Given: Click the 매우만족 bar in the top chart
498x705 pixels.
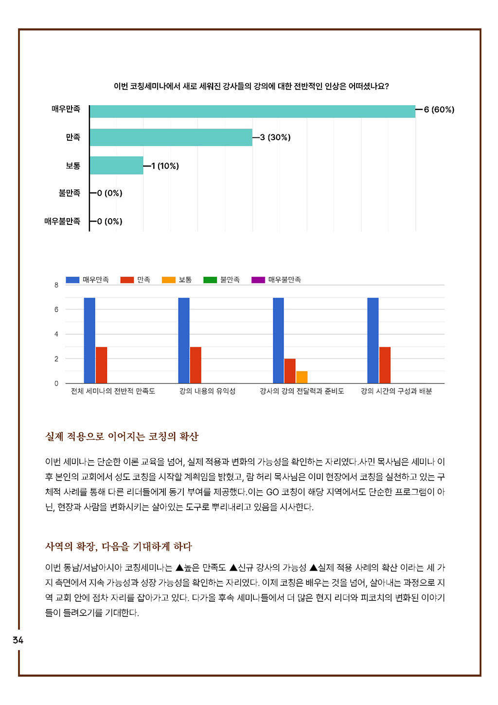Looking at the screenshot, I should [x=252, y=111].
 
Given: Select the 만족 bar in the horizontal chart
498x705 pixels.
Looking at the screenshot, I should [x=171, y=137].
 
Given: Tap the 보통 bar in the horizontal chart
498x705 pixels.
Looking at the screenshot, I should [x=116, y=166].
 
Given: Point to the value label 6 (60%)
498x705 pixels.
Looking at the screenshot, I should [x=439, y=110].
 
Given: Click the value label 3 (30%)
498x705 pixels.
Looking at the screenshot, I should [x=275, y=138].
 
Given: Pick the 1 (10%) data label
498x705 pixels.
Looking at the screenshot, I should [x=165, y=166].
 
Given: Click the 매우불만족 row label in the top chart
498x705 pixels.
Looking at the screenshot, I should [x=62, y=221].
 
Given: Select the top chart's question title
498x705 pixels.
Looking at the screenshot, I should [x=251, y=86].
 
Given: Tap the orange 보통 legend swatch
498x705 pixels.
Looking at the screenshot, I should [x=169, y=280].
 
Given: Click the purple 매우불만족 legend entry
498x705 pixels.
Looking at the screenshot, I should [x=276, y=280].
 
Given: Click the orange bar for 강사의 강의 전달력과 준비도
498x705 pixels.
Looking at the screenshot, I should [x=302, y=377].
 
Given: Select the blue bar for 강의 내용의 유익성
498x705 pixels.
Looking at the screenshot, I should [x=184, y=340].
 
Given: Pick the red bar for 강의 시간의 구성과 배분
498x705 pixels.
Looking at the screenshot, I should [x=385, y=365].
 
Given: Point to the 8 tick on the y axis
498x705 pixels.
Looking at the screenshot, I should [x=56, y=285].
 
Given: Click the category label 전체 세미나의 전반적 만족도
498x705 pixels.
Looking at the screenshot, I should [x=113, y=391].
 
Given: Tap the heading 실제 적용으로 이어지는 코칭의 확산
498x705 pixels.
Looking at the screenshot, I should [x=122, y=436].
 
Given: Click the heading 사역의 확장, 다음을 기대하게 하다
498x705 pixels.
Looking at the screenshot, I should [x=119, y=546].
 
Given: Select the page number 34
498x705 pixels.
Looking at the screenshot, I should [x=18, y=640].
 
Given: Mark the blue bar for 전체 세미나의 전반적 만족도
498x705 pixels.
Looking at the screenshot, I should [x=89, y=340].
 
